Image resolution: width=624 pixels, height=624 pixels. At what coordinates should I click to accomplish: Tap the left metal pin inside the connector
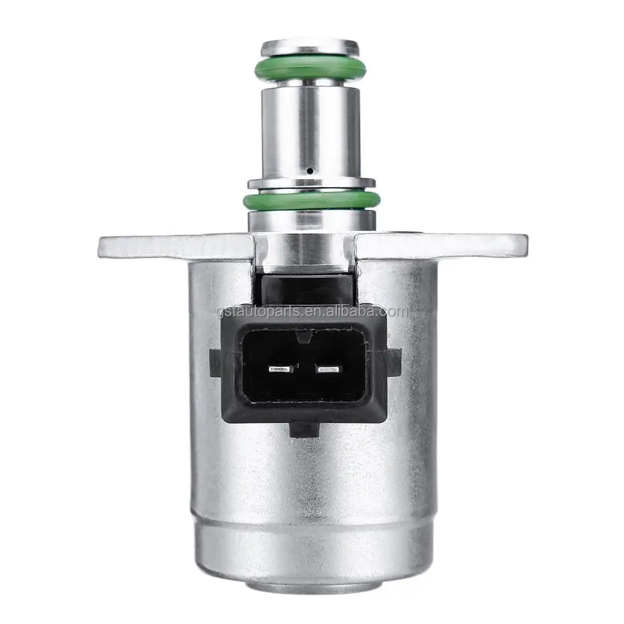coord(281,369)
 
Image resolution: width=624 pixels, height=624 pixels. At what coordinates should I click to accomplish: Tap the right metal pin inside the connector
coord(330,369)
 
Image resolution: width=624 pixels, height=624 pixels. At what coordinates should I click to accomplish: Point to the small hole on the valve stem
coord(310,172)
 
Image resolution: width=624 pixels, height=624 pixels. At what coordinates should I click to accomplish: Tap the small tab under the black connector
coord(307,430)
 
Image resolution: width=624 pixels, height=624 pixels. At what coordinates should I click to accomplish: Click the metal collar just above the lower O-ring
coord(311,182)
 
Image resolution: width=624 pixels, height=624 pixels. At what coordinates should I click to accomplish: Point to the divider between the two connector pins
coord(306,369)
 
